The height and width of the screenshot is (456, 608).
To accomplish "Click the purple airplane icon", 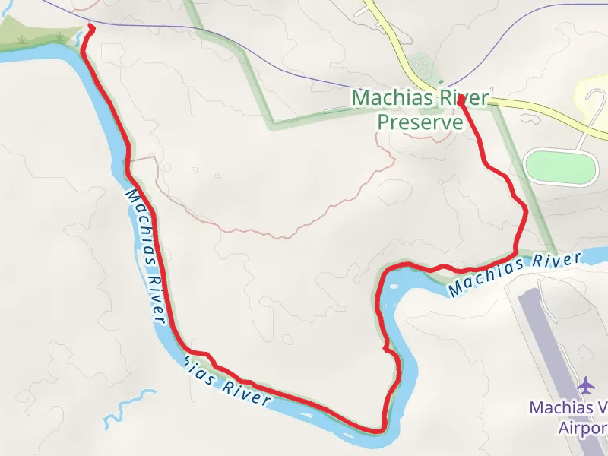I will [586, 385].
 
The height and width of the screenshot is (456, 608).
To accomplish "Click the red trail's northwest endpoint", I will [90, 27].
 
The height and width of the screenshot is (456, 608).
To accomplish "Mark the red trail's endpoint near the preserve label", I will [461, 98].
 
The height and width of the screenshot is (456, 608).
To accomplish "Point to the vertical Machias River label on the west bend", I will [144, 255].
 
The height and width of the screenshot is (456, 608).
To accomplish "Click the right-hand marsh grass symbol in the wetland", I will [59, 36].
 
